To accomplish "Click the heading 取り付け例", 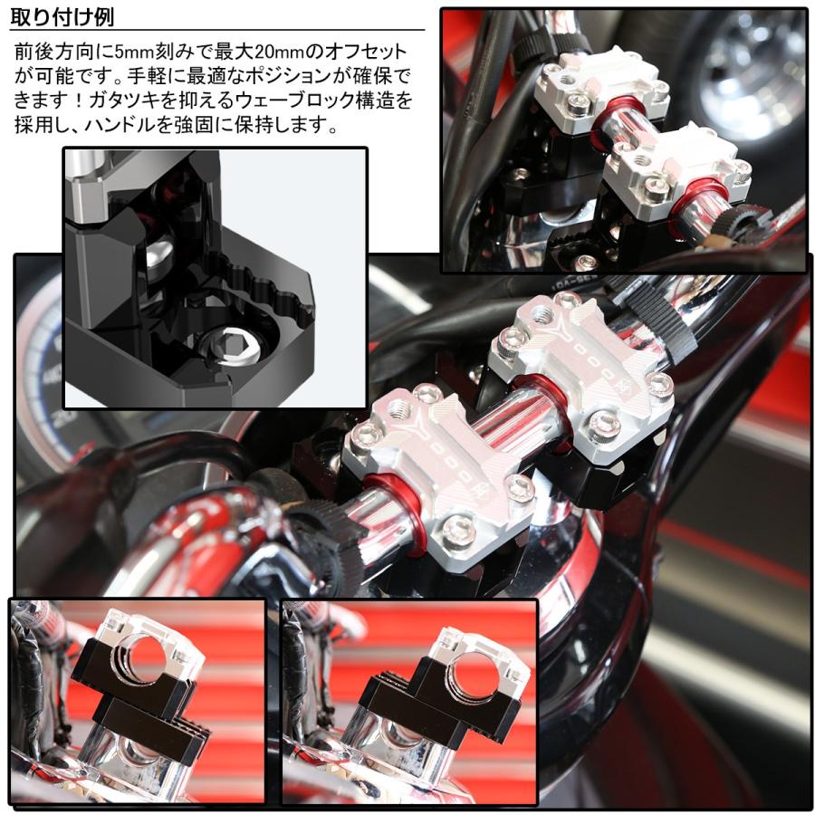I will (62, 17).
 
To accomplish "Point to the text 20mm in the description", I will (276, 52).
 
